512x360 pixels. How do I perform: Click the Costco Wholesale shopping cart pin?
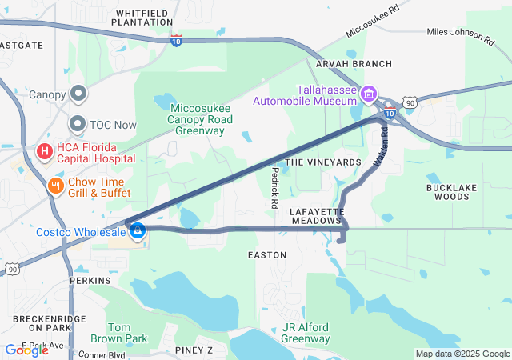(138, 230)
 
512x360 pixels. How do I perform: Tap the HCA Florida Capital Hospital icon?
(45, 150)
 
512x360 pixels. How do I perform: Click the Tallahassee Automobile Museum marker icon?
(370, 95)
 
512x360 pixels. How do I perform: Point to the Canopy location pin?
(78, 95)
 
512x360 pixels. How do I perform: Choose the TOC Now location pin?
(78, 124)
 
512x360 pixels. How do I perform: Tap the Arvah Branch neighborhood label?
(354, 64)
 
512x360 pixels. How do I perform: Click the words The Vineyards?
(323, 162)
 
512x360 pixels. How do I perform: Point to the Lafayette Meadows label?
(317, 215)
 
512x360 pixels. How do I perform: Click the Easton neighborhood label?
(267, 254)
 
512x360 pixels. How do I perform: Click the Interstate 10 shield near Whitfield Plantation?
(176, 40)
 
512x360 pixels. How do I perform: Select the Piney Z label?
(194, 350)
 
